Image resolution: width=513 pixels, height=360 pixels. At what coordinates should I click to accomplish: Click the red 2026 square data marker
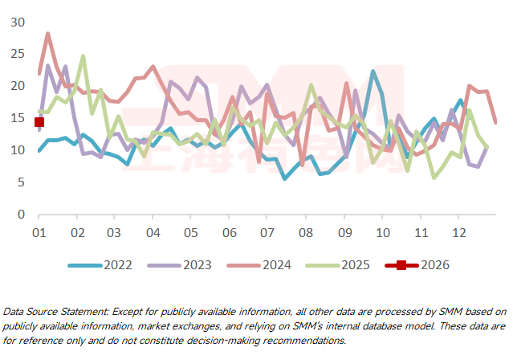[x=39, y=122]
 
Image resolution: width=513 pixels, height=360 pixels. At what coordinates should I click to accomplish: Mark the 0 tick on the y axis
[x=22, y=215]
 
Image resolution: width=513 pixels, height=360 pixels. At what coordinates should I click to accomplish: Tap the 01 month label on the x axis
[x=39, y=232]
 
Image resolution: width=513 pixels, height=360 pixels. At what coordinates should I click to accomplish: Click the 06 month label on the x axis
[x=228, y=232]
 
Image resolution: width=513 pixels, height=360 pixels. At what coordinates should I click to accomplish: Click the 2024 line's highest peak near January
[x=48, y=34]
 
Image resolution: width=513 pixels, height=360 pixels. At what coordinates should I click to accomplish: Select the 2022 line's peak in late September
[x=373, y=72]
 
